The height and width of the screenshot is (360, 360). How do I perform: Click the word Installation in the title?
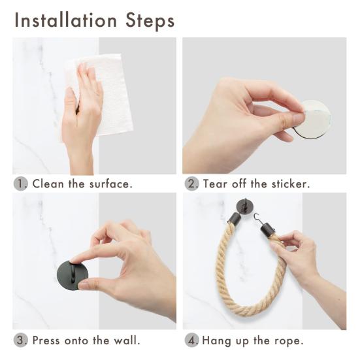pos(66,20)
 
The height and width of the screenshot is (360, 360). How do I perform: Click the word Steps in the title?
pos(150,21)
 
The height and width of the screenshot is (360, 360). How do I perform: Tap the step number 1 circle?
pos(21,184)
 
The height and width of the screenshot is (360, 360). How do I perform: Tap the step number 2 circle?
pos(191,184)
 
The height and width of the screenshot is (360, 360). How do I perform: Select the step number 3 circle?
pos(21,340)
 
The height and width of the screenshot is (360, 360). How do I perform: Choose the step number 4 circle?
pos(191,340)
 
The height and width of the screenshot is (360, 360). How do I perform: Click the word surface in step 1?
pos(111,184)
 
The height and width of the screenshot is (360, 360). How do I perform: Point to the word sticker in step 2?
pos(291,184)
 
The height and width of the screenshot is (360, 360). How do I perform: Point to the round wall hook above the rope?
pos(245,206)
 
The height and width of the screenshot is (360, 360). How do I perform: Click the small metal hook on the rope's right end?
pos(258,219)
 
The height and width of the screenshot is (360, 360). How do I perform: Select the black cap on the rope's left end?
pos(234,218)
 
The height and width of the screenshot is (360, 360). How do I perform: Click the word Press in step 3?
pos(46,340)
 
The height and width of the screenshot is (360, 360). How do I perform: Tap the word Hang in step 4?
pos(216,340)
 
